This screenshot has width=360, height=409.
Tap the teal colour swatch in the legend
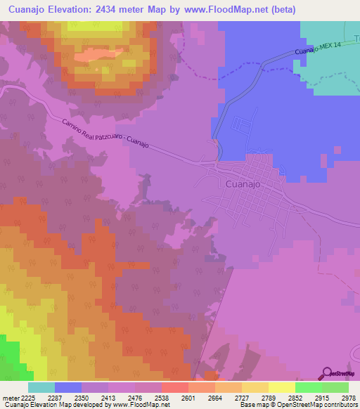tap(41, 387)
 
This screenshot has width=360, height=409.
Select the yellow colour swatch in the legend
tap(282, 387)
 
